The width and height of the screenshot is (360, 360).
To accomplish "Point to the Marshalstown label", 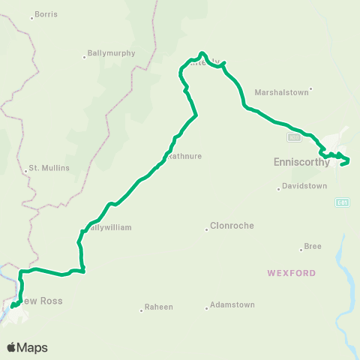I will coord(281,92).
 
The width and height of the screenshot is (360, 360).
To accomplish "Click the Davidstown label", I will coord(305,186).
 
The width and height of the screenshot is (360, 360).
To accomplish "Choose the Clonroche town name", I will coord(232,226).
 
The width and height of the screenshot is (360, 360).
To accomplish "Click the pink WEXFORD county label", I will coord(292,273).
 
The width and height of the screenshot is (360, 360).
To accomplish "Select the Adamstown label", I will coord(232,305).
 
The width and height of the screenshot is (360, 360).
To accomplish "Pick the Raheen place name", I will coord(159,307).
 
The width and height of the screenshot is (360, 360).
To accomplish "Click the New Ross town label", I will coord(42,301).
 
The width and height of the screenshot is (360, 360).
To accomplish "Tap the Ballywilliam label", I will coord(108,227).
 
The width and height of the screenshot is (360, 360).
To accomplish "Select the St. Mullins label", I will coord(49,168).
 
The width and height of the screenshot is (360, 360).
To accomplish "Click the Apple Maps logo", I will coord(27,347).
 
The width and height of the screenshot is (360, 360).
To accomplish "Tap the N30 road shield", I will coord(294,137).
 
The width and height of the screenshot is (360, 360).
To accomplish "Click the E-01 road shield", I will coord(341,202).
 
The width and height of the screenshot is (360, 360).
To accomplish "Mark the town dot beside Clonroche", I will coord(207,229).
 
